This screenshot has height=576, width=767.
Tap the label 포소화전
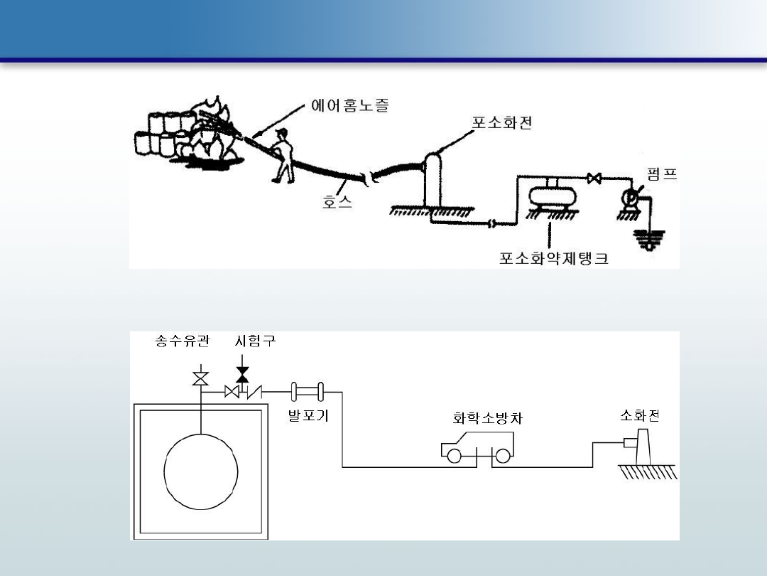[502, 122]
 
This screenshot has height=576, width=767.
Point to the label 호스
[337, 203]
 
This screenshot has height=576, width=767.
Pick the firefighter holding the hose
[283, 156]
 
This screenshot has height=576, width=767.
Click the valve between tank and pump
[594, 178]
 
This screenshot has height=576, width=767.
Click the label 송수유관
[183, 341]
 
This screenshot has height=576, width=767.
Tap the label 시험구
[255, 341]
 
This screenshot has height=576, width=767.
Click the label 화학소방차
[487, 419]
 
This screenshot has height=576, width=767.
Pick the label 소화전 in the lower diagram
[639, 415]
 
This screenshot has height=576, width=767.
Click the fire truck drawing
[478, 451]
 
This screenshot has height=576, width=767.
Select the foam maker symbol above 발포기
[308, 391]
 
